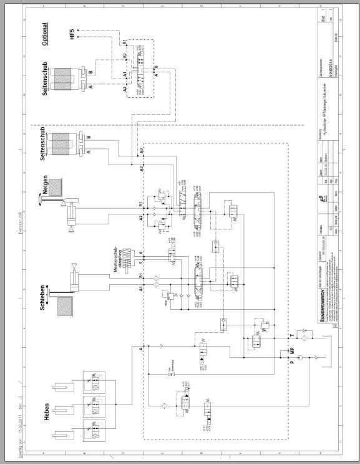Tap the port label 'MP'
coord(293,351)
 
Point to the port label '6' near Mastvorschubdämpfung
coord(142,253)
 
